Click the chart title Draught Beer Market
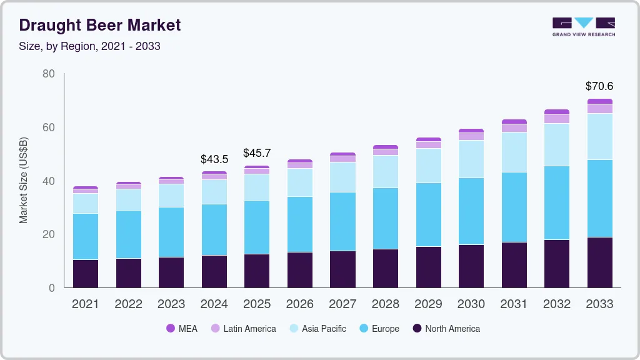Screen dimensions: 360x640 (x=100, y=25)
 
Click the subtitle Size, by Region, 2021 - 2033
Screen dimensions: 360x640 (x=90, y=46)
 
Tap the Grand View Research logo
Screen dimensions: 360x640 (x=583, y=26)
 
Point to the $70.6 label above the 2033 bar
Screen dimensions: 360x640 (x=599, y=86)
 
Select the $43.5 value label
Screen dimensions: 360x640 (x=214, y=159)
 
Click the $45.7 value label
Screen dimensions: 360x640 (x=257, y=152)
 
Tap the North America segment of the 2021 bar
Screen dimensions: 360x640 (x=86, y=274)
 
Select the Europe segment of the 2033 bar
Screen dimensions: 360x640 (x=600, y=199)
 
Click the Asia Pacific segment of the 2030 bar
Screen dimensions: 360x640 (x=471, y=159)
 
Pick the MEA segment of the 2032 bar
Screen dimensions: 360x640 (x=557, y=112)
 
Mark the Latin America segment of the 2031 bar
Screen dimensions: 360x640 (x=514, y=128)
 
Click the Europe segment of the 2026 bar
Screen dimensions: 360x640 (x=300, y=224)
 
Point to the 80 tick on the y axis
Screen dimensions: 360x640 (x=49, y=74)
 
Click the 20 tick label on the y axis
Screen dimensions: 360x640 (x=49, y=234)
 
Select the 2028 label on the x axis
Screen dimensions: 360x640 (x=386, y=304)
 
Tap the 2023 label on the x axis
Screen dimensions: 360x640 (x=171, y=304)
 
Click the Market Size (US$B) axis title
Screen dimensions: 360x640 (x=24, y=181)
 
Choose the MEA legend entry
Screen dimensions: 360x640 (x=182, y=329)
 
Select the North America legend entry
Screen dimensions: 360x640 (x=446, y=329)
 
